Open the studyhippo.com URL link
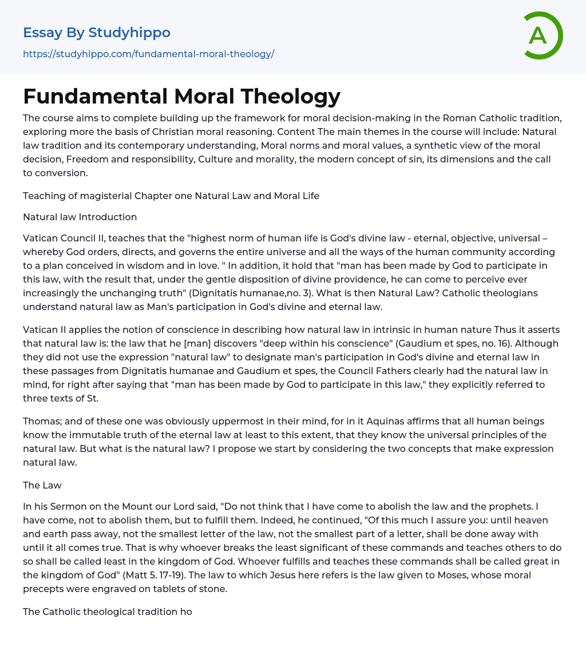point(148,54)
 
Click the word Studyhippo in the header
point(129,33)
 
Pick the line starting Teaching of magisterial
point(171,196)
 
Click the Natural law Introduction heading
point(80,217)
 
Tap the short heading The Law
point(42,485)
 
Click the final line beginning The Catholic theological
point(107,612)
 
